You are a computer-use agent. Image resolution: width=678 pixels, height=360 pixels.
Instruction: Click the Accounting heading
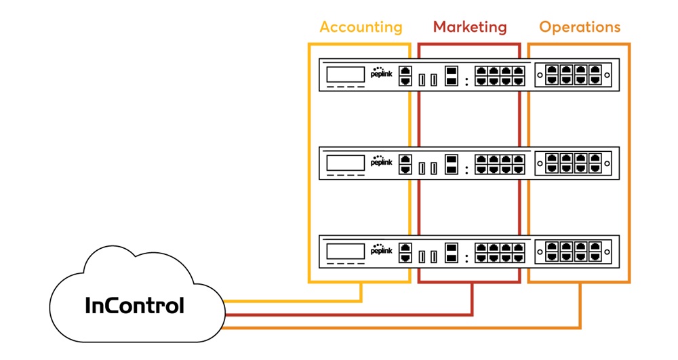(x=361, y=27)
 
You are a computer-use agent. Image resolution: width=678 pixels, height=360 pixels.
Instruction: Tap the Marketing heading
(x=470, y=27)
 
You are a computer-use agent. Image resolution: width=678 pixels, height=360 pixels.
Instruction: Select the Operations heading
(x=580, y=27)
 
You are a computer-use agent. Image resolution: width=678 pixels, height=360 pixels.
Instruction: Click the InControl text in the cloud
(x=134, y=305)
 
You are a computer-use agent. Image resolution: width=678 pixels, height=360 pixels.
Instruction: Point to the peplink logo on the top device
(x=381, y=73)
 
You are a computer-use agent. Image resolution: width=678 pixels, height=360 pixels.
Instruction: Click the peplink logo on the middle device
(x=381, y=161)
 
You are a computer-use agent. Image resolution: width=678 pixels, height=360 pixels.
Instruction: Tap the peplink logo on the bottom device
(x=381, y=249)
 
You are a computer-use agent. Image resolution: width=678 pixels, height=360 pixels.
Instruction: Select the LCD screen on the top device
(x=346, y=75)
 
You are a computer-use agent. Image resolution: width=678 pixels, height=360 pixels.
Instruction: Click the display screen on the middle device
(x=346, y=163)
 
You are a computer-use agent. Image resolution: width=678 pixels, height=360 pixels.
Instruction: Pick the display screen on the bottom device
(x=346, y=251)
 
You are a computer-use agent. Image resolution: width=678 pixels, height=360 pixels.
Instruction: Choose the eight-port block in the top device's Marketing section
(x=500, y=76)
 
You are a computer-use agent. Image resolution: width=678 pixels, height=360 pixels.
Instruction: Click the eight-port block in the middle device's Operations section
(x=574, y=164)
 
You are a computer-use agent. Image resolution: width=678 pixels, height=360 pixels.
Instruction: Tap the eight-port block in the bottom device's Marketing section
(x=500, y=253)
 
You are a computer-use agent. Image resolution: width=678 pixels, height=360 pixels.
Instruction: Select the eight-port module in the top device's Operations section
(x=574, y=75)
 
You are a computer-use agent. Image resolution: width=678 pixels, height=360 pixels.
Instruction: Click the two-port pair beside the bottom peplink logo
(x=405, y=253)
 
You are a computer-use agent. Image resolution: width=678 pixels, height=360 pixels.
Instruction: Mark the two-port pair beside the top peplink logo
(x=405, y=76)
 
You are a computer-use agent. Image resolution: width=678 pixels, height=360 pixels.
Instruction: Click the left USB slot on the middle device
(x=422, y=168)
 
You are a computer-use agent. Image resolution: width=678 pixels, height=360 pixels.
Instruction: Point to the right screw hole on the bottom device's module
(x=607, y=252)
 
